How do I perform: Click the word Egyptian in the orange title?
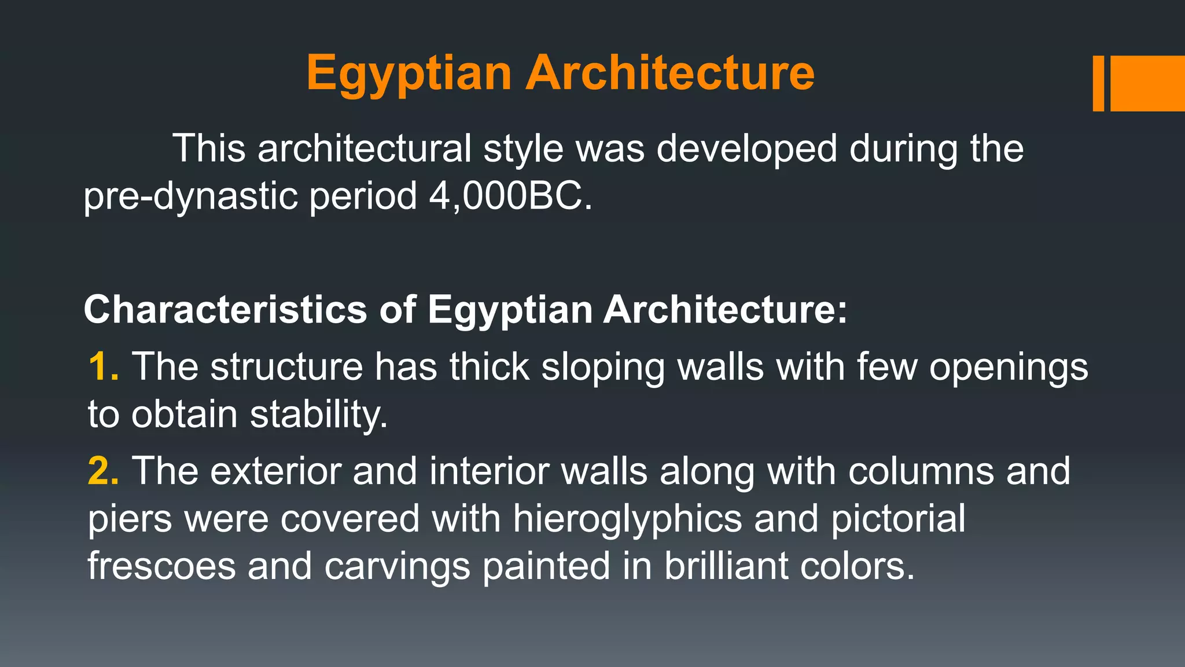(x=409, y=74)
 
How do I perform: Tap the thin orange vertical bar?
(x=1098, y=83)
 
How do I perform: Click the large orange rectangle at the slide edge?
(x=1147, y=83)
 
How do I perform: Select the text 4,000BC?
(x=510, y=196)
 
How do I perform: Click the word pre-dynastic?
(x=190, y=196)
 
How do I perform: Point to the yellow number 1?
(x=102, y=367)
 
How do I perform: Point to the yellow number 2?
(x=102, y=471)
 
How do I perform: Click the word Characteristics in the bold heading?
(x=225, y=309)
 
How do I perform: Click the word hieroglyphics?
(x=627, y=518)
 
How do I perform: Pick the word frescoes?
(x=161, y=566)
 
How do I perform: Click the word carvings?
(x=397, y=566)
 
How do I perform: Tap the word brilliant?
(x=726, y=566)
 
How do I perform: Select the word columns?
(x=921, y=471)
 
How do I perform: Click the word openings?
(x=1009, y=367)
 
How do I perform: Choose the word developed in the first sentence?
(x=746, y=149)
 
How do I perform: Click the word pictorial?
(x=898, y=518)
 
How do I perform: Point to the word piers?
(x=130, y=518)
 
